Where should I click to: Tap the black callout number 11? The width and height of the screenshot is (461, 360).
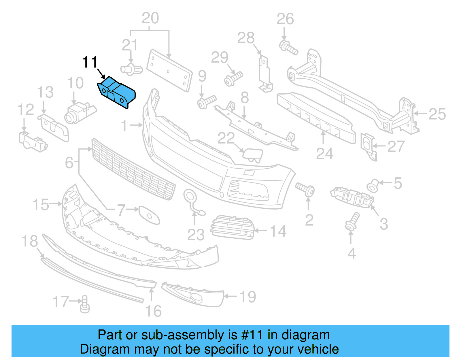[x=90, y=62]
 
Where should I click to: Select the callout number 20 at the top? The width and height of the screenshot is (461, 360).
[x=150, y=18]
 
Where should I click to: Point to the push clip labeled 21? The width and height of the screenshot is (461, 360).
[x=131, y=69]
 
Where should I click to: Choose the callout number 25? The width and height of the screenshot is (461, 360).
[x=437, y=114]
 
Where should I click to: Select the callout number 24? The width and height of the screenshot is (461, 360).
[x=324, y=154]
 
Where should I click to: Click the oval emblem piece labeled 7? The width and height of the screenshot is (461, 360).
[x=149, y=215]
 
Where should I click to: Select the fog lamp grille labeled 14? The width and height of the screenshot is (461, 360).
[x=233, y=227]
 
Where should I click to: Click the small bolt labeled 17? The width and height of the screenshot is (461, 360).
[x=85, y=304]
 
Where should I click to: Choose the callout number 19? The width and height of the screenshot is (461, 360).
[x=248, y=297]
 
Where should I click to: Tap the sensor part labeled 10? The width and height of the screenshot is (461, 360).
[x=79, y=113]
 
